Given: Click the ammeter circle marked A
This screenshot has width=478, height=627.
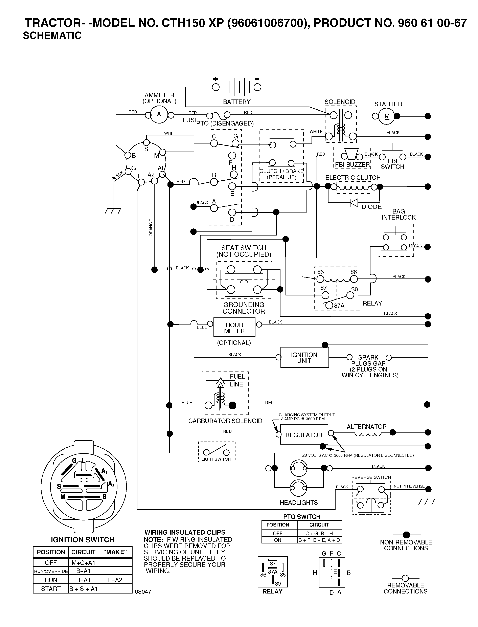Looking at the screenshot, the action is pos(159,115).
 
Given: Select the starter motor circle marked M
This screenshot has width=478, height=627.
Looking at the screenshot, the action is pos(387,116).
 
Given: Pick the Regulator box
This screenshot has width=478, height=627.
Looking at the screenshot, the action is pos(304,434).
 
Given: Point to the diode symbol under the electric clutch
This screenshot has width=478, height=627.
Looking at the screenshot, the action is pos(354,203).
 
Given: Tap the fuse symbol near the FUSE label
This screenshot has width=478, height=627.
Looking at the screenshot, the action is pos(219,115).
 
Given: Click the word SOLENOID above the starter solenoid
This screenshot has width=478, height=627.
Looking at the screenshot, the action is pos(340,102).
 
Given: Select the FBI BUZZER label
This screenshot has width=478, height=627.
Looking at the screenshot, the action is pos(352,164).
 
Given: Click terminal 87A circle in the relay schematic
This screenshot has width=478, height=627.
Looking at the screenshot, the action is pos(329,306).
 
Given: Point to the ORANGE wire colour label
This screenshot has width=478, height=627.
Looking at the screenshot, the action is pos(151,228).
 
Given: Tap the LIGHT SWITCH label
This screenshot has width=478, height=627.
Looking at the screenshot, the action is pos(216,459).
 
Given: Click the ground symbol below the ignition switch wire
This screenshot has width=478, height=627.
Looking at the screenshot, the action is pos(113,211).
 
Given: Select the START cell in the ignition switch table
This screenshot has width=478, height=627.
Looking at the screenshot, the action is pos(51,589).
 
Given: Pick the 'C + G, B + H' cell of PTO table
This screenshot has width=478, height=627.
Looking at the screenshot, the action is pos(319,533).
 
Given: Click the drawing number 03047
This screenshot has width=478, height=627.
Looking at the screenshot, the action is pos(143,592).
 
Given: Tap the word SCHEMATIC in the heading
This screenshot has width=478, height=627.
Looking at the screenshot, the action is pos(52,36).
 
